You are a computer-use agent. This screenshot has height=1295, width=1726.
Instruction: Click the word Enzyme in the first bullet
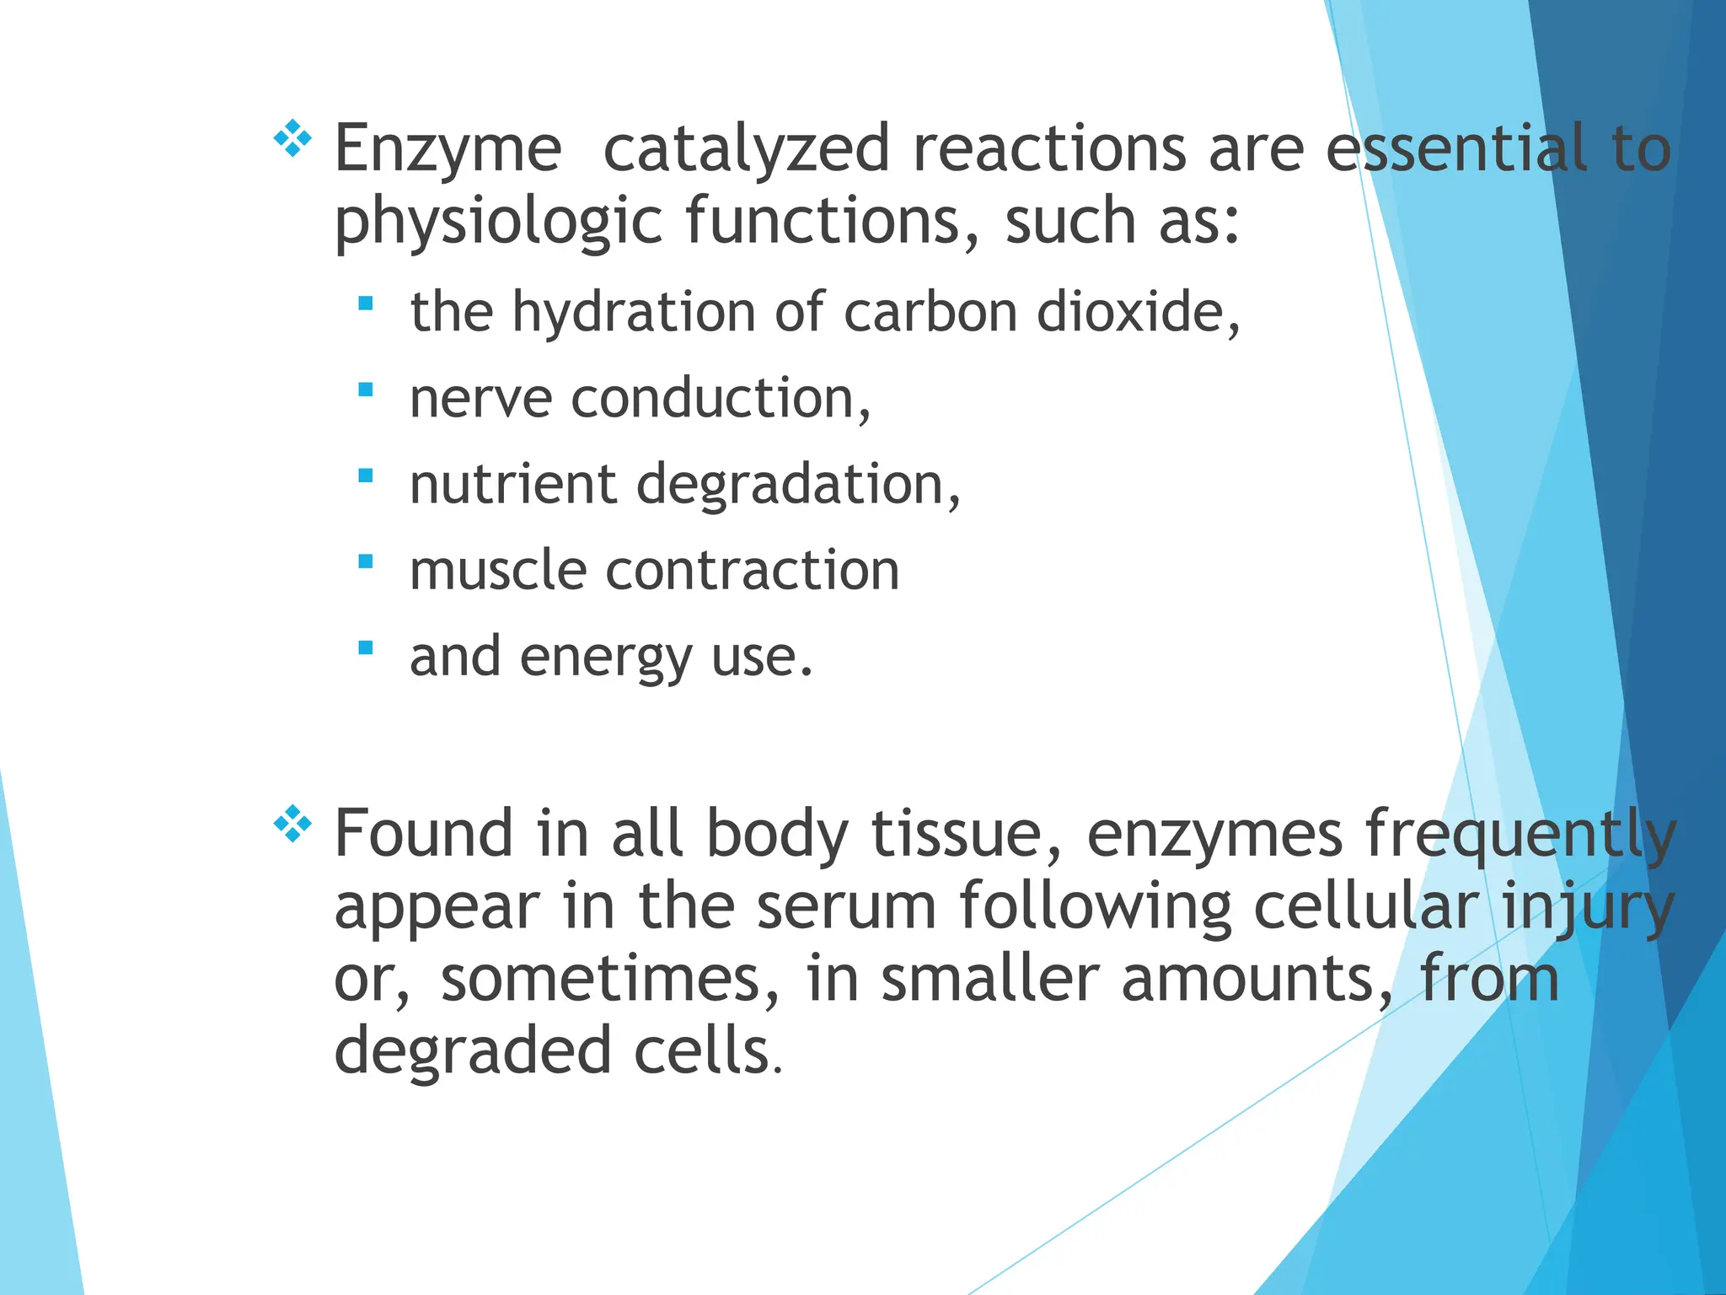tap(448, 149)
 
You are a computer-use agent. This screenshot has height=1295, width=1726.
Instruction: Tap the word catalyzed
tap(746, 149)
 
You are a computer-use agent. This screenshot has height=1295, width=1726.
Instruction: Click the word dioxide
tap(1137, 312)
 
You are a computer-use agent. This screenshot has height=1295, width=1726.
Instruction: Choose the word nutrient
tap(512, 485)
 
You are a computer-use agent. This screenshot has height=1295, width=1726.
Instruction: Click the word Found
tap(423, 834)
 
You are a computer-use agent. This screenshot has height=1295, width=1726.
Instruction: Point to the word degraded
tap(473, 1051)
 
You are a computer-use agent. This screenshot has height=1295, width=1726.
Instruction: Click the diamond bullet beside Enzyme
tap(292, 139)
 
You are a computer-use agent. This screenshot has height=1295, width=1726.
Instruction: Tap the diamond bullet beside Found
tap(292, 824)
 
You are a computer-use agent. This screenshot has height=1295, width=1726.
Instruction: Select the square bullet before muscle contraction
tap(365, 561)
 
